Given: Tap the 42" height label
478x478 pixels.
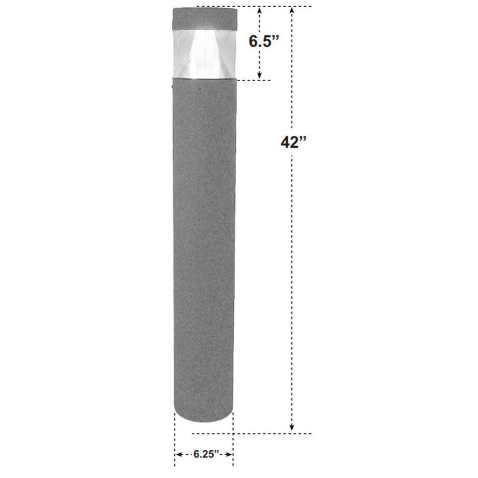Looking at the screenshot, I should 293,142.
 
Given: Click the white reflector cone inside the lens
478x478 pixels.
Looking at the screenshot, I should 204,53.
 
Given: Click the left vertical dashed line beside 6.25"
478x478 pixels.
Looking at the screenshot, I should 175,440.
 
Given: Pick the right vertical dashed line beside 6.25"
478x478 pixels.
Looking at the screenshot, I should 233,440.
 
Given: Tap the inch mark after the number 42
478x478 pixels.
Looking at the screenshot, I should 303,139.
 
